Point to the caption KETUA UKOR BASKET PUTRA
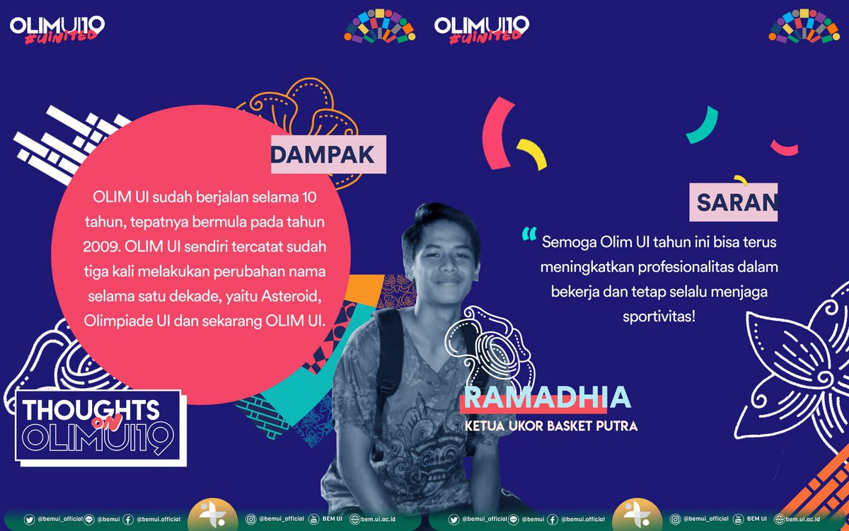[x=551, y=426]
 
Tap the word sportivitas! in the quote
[x=659, y=315]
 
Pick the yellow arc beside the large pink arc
[x=532, y=154]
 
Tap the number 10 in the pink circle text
[x=309, y=196]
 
